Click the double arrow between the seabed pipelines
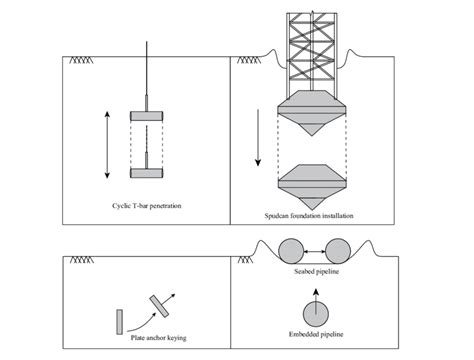pyautogui.click(x=313, y=251)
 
